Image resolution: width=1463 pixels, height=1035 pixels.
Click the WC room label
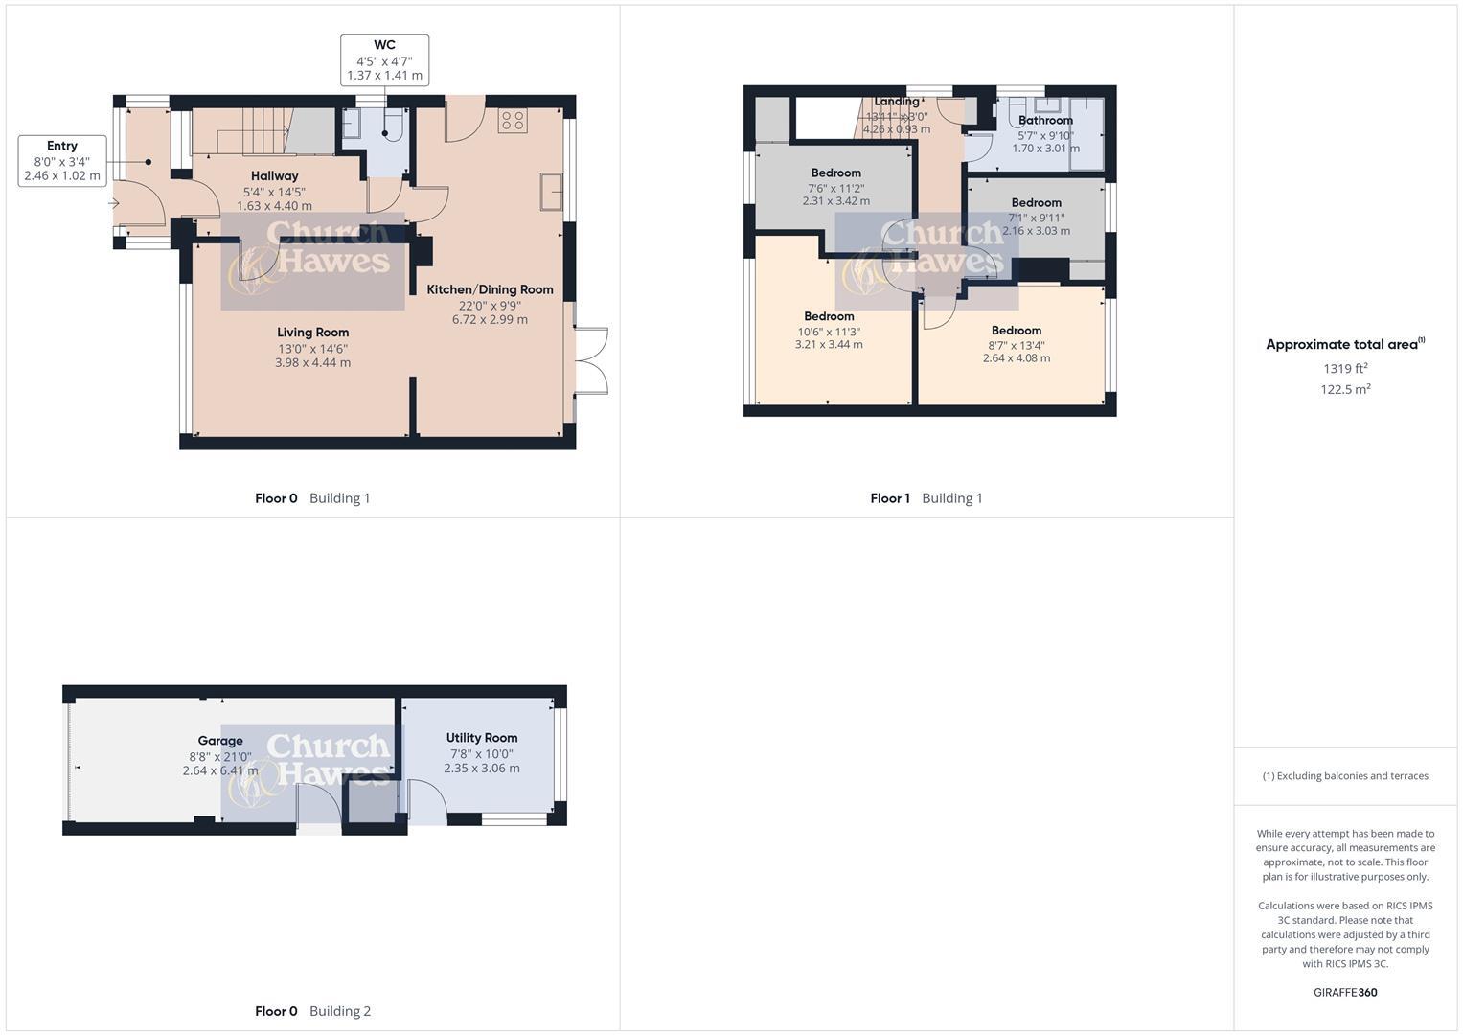(384, 45)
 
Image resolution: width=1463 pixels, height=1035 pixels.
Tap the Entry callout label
(62, 147)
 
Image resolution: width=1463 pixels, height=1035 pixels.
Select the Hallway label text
(274, 176)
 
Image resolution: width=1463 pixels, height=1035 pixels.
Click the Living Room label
(312, 333)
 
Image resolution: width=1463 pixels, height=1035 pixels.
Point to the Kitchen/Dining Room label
(490, 289)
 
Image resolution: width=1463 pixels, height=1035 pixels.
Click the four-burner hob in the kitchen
(512, 121)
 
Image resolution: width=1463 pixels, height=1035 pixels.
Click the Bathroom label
(1045, 121)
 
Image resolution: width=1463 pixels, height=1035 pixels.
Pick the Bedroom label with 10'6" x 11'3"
(829, 316)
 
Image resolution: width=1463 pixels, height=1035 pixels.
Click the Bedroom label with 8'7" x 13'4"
(1016, 331)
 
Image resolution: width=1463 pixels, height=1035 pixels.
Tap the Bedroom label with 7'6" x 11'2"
(835, 173)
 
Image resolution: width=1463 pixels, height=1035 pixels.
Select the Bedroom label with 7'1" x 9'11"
(1036, 203)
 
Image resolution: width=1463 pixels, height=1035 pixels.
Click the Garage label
(220, 741)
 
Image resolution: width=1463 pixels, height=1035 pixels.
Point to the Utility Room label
(481, 738)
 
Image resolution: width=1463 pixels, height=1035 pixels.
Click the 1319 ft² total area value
(1345, 369)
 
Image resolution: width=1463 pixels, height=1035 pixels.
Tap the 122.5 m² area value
(1345, 389)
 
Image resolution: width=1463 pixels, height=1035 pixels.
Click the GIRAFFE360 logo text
(1345, 993)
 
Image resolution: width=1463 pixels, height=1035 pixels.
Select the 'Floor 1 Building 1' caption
(926, 498)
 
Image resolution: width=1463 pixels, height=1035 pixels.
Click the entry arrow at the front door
(114, 203)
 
